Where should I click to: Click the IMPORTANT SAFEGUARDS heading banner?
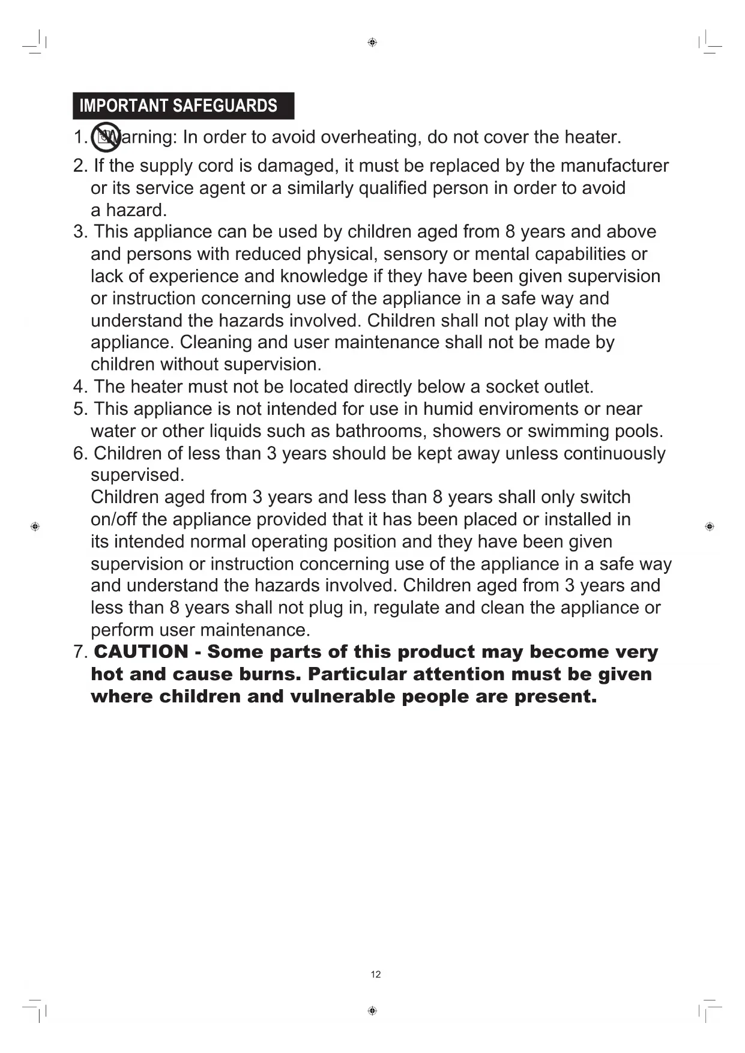183,106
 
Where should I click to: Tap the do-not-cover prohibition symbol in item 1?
106,137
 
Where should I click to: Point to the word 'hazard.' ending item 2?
136,210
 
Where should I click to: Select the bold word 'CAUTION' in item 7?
141,652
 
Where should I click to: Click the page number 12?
376,974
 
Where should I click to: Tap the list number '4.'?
80,387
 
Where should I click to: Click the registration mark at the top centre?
372,42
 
